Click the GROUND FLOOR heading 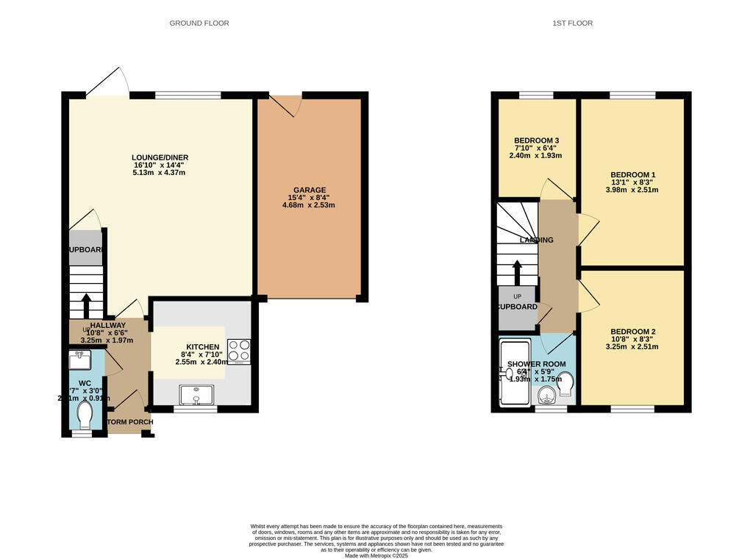tap(199, 24)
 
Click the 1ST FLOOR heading tap(572, 24)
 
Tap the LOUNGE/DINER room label tap(160, 157)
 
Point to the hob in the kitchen tap(239, 351)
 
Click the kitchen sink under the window tap(196, 396)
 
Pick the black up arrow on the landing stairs tap(517, 271)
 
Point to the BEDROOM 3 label tap(536, 140)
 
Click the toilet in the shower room tap(565, 383)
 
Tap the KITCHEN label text tap(202, 347)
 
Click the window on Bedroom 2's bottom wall tap(632, 408)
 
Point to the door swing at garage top tap(289, 106)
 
